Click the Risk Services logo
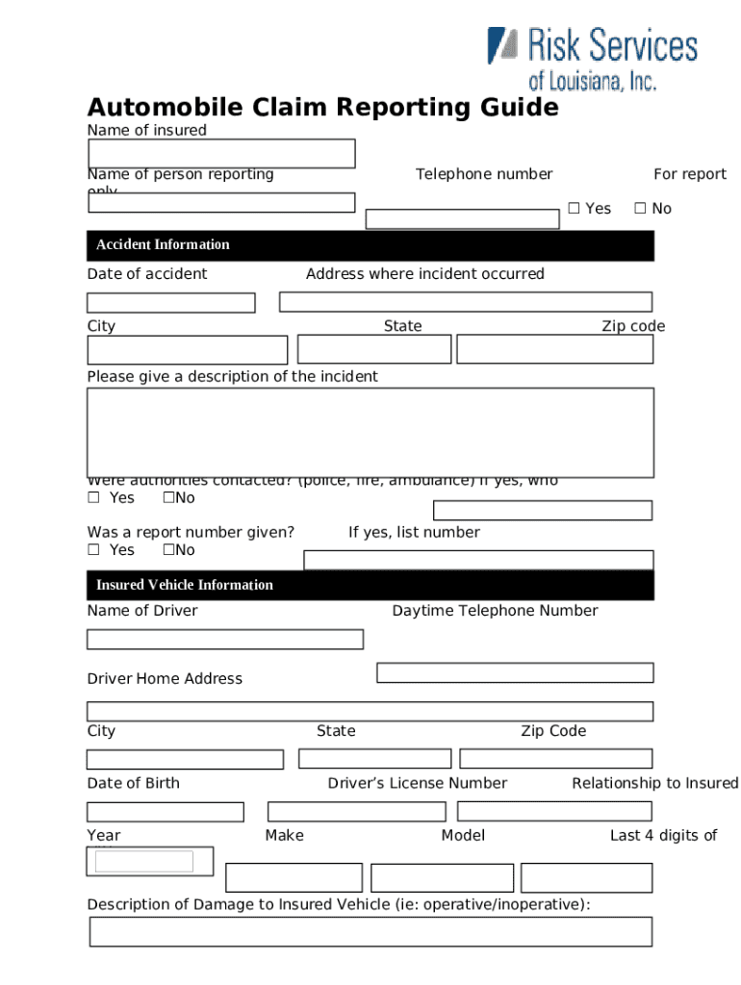(591, 58)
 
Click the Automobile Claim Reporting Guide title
(322, 107)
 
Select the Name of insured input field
(221, 154)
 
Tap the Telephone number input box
(462, 219)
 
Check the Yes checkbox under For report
(574, 209)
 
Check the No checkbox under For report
(640, 209)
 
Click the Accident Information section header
(370, 245)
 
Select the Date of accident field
(170, 303)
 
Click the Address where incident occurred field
(465, 302)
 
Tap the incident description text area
(370, 432)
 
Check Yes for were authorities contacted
(94, 498)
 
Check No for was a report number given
(168, 550)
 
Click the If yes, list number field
(478, 560)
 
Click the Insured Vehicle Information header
(370, 585)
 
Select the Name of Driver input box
(225, 640)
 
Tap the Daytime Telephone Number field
(515, 672)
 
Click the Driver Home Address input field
(370, 712)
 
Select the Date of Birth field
(165, 812)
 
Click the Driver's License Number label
(417, 783)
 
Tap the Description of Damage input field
(370, 931)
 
